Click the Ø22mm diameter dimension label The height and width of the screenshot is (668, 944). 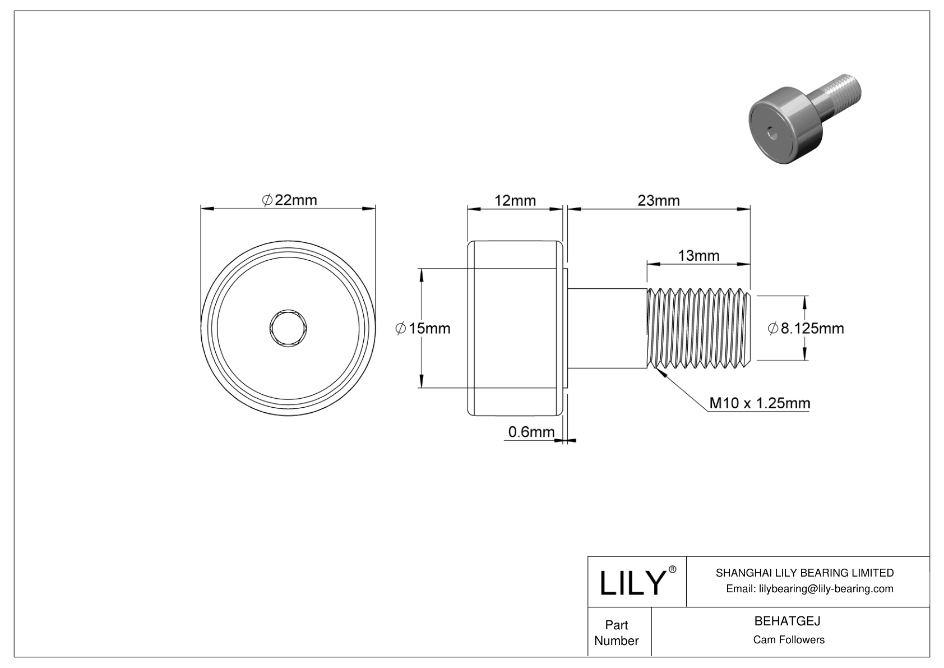click(x=289, y=200)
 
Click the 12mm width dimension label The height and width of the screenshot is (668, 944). click(x=515, y=200)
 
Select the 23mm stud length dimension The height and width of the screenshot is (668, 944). click(x=659, y=200)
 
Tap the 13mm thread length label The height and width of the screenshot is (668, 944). click(x=698, y=256)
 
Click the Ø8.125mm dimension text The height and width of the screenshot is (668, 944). click(x=806, y=328)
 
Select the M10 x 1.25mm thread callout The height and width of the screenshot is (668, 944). click(x=759, y=403)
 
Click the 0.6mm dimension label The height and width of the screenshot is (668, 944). click(x=531, y=432)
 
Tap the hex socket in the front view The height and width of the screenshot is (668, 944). click(x=288, y=328)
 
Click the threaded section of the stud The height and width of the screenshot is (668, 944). click(x=698, y=328)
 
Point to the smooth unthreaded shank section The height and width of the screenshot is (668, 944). click(x=608, y=328)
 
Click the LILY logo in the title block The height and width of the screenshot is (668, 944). click(x=631, y=583)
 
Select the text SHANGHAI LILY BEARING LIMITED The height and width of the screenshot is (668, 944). click(x=804, y=573)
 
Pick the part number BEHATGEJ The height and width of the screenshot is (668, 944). click(x=787, y=621)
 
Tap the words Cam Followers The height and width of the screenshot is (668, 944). click(x=788, y=639)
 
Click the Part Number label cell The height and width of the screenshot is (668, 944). click(x=617, y=632)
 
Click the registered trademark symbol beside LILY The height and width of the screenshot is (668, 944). click(x=673, y=569)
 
